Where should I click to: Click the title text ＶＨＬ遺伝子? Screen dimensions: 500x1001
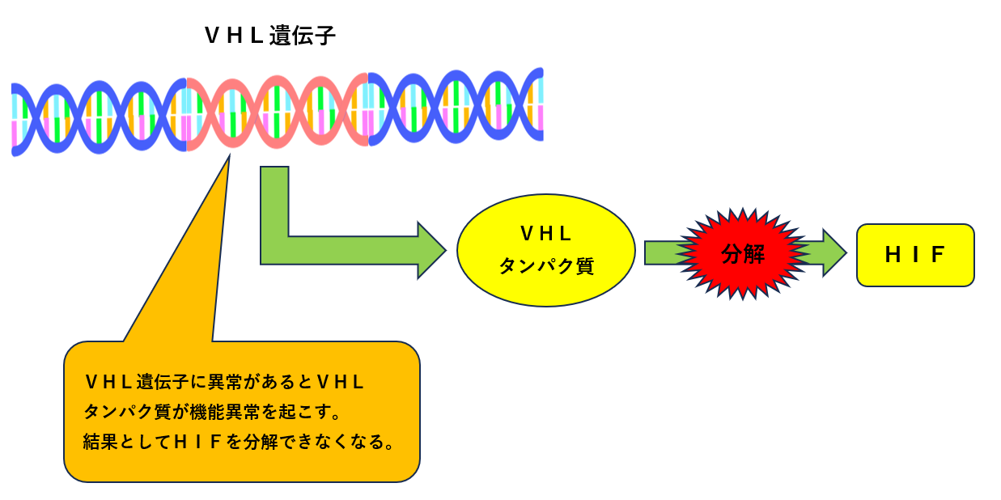tap(269, 36)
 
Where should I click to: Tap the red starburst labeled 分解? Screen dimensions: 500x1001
tap(742, 254)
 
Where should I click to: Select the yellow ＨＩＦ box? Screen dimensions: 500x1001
tap(914, 255)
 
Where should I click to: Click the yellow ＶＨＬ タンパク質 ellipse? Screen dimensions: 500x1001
tap(545, 249)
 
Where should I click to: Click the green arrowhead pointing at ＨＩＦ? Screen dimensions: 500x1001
tap(833, 253)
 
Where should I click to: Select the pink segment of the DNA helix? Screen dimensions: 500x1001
tap(277, 111)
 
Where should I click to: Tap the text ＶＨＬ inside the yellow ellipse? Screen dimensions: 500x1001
tap(545, 234)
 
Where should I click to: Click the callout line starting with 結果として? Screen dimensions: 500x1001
tap(239, 443)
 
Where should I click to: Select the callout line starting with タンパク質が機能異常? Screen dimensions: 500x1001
tap(212, 412)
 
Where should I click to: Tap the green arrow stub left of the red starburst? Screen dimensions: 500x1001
tap(660, 253)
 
